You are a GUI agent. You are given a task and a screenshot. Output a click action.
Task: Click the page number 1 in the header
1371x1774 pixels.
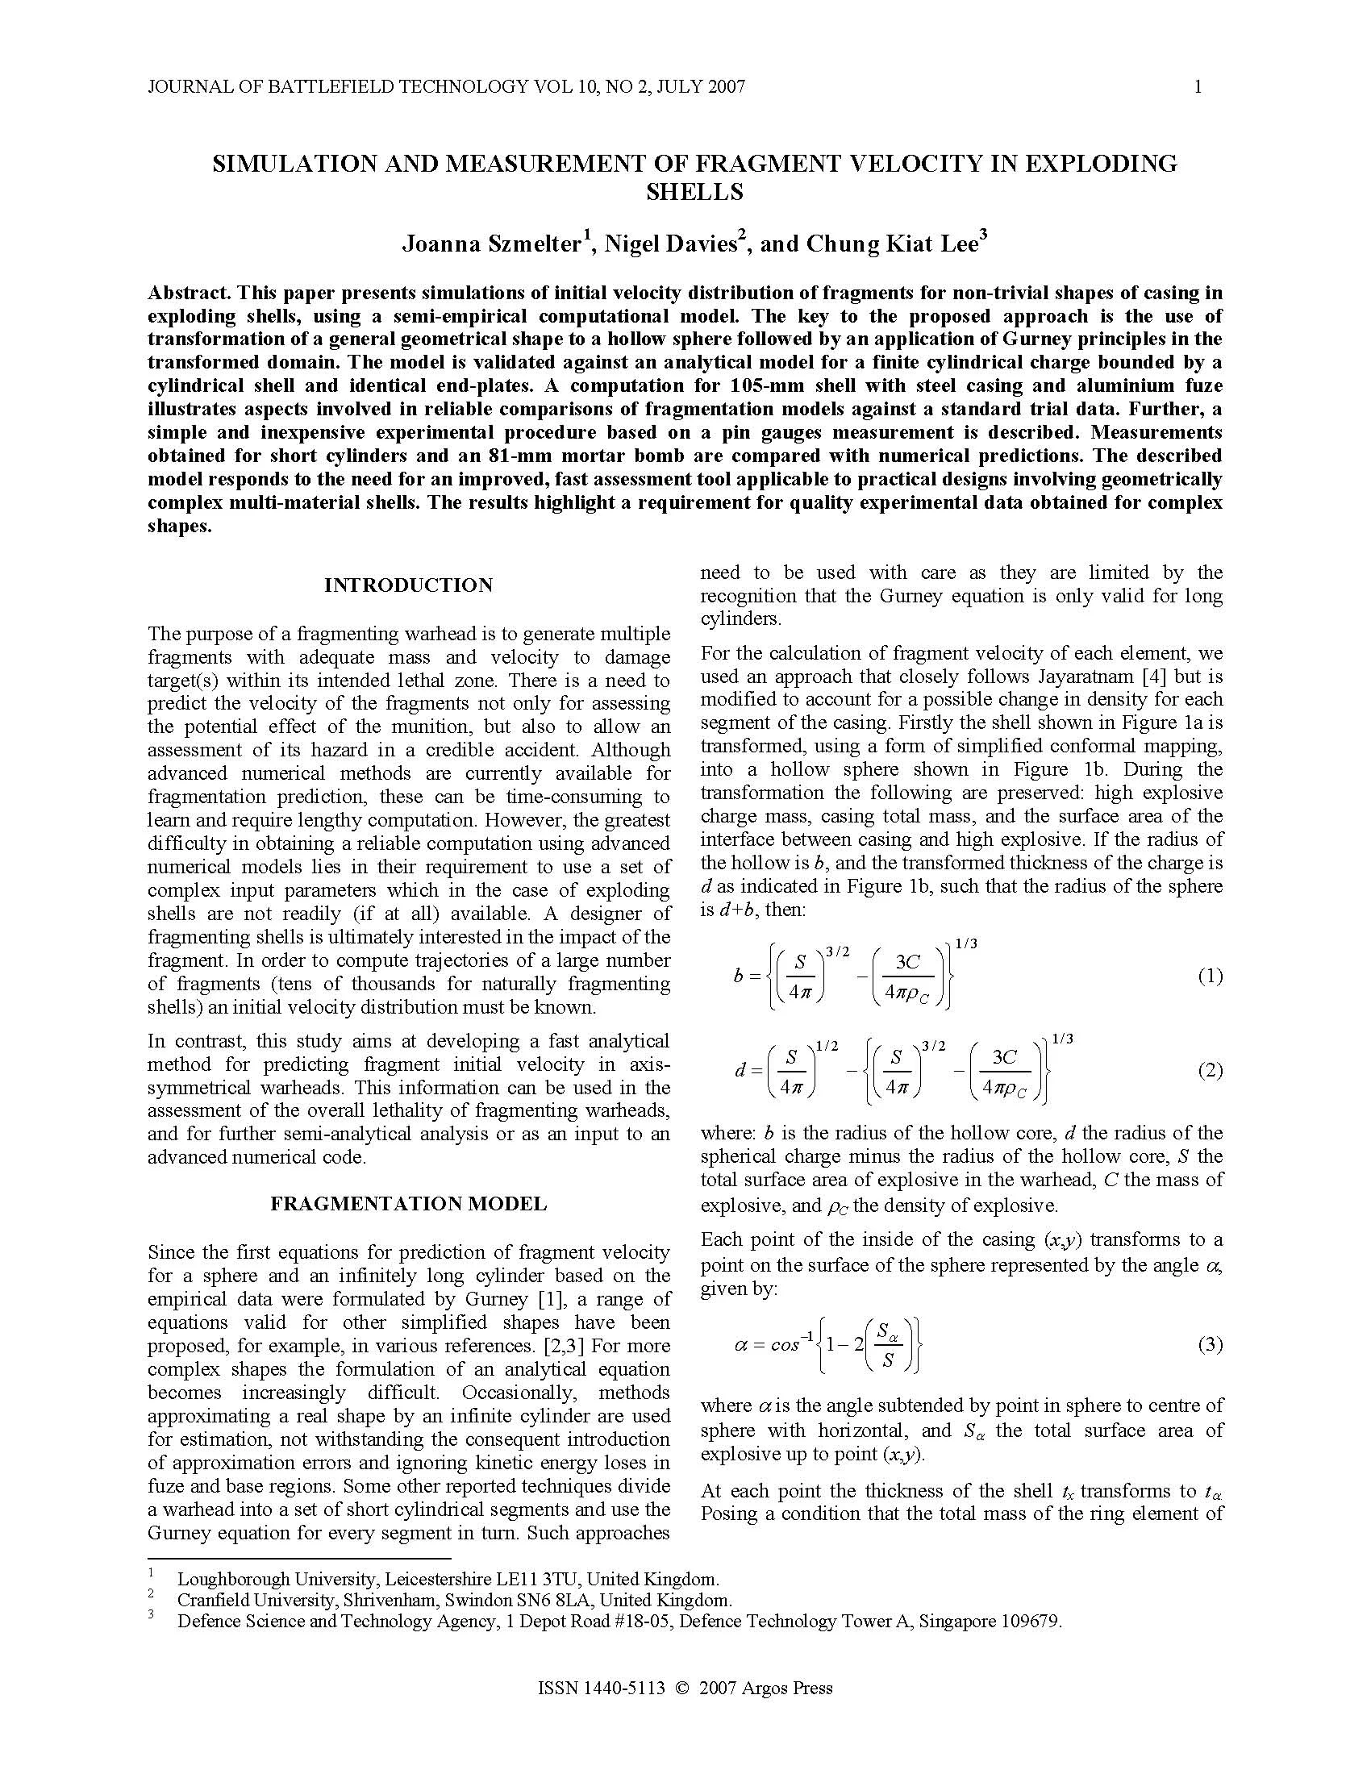(1198, 87)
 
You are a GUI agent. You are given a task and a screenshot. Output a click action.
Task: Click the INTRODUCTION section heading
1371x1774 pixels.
(409, 585)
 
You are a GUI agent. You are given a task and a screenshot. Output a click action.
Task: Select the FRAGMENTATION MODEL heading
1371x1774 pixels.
(409, 1204)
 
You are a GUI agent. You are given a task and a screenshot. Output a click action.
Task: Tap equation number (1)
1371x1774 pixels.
(1211, 977)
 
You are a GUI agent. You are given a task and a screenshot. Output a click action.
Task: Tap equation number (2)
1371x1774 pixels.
(1211, 1071)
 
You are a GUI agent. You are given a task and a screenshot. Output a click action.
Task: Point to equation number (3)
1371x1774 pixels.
(1211, 1345)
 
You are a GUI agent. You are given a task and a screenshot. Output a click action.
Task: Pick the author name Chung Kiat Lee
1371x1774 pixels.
(892, 244)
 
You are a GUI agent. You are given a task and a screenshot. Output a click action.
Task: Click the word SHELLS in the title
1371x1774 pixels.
(694, 193)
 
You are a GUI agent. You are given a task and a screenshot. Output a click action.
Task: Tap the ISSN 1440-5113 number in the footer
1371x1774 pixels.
(601, 1689)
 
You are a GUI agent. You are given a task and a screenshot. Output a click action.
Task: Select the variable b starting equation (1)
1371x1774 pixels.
(738, 976)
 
